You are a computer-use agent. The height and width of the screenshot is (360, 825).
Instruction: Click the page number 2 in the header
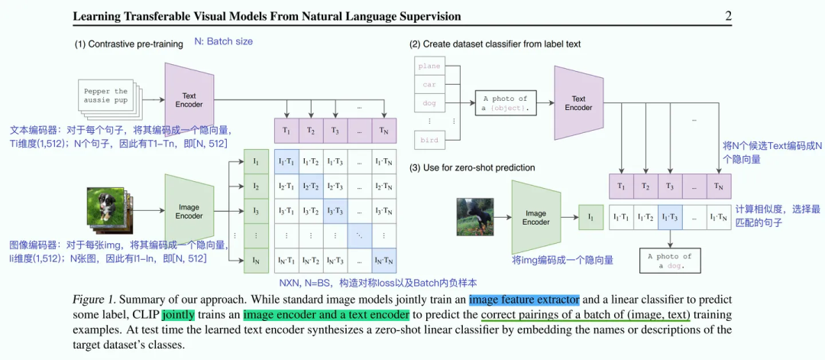tap(728, 16)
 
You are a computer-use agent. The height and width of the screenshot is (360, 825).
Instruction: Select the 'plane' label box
tap(429, 66)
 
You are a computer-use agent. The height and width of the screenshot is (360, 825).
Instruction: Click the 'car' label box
tap(429, 84)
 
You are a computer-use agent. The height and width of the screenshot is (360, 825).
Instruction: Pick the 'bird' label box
tap(429, 139)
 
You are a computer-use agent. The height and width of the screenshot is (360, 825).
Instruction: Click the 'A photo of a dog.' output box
tap(671, 261)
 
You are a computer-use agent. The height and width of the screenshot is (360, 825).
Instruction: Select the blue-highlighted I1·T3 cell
tap(671, 217)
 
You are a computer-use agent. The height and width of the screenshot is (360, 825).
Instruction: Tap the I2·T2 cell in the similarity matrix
tap(311, 186)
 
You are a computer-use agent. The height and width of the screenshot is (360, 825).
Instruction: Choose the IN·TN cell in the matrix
tap(383, 261)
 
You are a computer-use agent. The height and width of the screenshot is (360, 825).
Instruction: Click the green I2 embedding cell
tap(256, 186)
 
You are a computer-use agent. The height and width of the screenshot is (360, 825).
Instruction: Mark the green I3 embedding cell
tap(256, 211)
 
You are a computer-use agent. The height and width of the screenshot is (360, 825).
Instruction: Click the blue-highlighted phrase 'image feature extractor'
tap(524, 299)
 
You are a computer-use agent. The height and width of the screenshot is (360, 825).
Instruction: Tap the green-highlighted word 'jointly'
tap(178, 314)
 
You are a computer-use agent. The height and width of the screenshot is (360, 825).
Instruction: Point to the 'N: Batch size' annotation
tap(223, 41)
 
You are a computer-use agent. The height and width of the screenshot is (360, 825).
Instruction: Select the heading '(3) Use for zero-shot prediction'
tap(472, 167)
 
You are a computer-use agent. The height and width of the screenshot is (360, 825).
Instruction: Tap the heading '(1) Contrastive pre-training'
tap(128, 44)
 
